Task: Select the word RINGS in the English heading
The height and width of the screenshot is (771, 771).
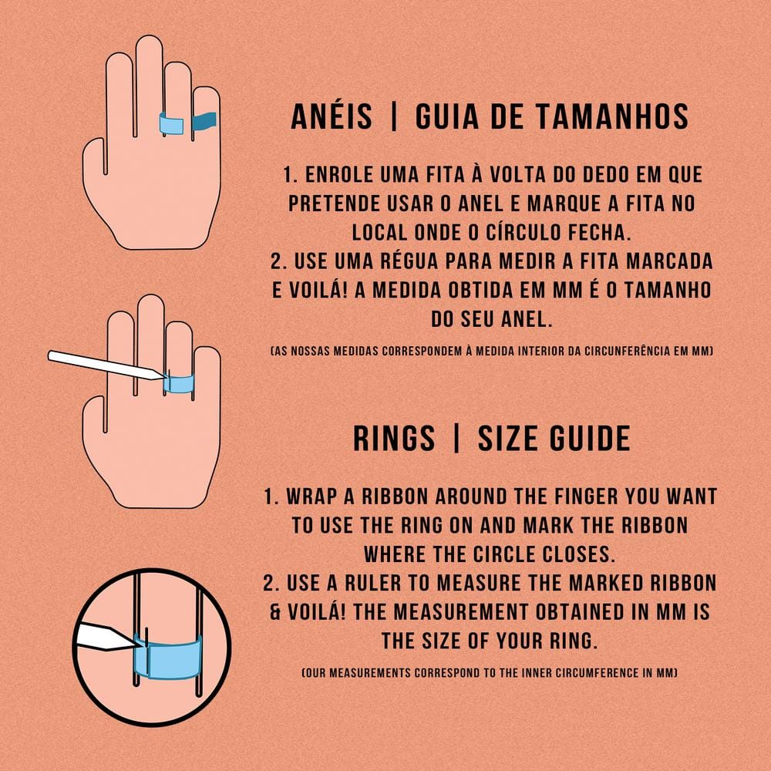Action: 394,438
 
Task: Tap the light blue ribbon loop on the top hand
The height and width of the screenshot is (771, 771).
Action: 172,123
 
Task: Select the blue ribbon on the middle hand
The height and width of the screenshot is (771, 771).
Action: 180,383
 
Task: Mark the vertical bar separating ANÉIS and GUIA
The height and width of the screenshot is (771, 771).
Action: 393,116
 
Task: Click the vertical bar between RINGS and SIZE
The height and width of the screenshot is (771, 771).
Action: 456,438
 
